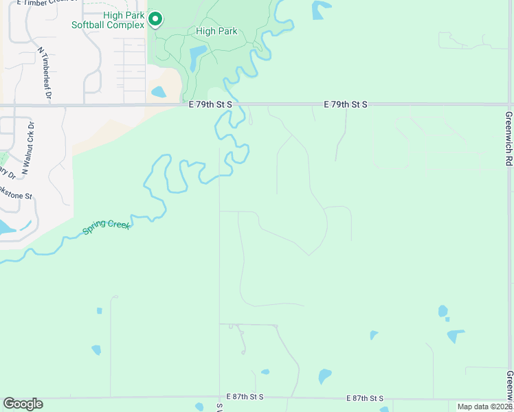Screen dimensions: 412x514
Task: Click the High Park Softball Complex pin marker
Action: tap(156, 19)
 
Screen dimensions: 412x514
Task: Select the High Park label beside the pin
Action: tap(216, 31)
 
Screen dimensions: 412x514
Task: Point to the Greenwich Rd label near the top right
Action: tap(509, 138)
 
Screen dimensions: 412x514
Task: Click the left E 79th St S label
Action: tap(211, 104)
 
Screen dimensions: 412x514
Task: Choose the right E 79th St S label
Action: tap(346, 104)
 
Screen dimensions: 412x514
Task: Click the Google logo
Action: tap(23, 404)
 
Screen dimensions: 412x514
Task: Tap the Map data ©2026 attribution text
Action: tap(484, 407)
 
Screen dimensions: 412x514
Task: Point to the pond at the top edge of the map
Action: tap(320, 9)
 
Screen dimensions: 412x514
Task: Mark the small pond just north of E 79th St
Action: tap(158, 91)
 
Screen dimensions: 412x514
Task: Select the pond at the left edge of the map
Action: tap(7, 227)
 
